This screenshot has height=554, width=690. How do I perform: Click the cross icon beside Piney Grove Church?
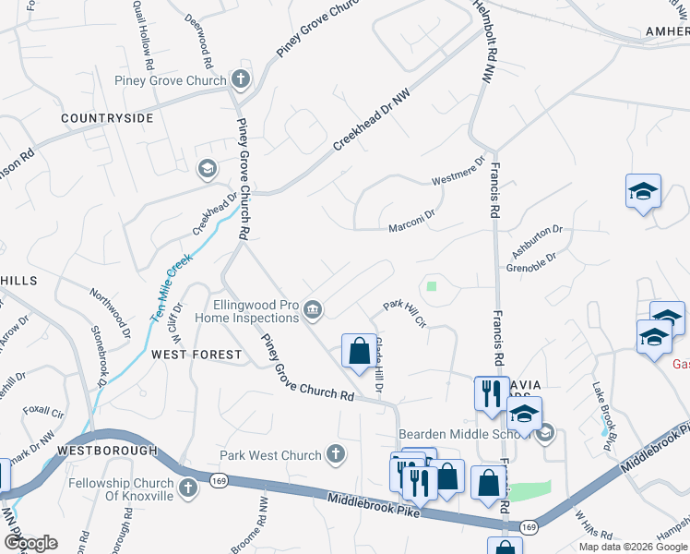click(x=241, y=79)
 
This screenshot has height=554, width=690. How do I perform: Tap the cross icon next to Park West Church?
click(x=337, y=454)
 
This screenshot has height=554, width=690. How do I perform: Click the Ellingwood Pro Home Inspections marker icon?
click(x=314, y=309)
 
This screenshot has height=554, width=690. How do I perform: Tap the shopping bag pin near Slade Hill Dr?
click(x=359, y=352)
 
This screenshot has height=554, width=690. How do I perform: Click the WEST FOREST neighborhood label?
click(x=196, y=355)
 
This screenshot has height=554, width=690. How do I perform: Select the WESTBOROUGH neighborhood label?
click(x=102, y=450)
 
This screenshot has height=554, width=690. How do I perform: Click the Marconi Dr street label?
click(x=410, y=223)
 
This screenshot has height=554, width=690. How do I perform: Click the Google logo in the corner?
click(x=30, y=543)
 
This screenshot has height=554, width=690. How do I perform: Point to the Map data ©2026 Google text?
click(x=633, y=547)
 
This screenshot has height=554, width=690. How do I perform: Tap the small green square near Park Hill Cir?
click(x=431, y=285)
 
